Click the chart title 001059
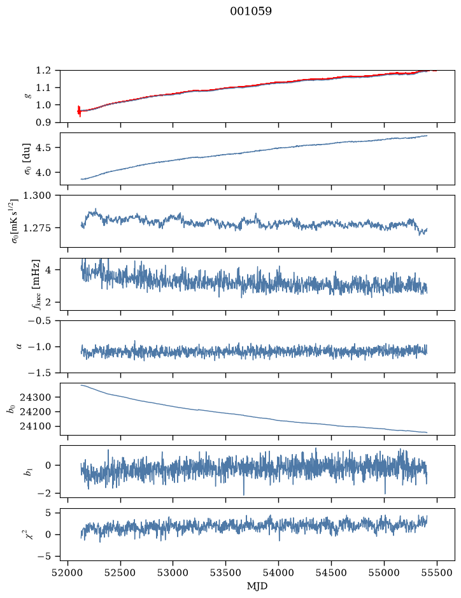[250, 11]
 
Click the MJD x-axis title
[257, 586]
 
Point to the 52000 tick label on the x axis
[68, 573]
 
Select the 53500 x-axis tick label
[226, 573]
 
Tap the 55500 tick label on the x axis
[437, 573]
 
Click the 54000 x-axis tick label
[278, 573]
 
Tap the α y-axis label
[19, 346]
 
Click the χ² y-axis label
[28, 534]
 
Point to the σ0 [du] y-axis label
[28, 159]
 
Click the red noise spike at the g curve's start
[79, 111]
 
